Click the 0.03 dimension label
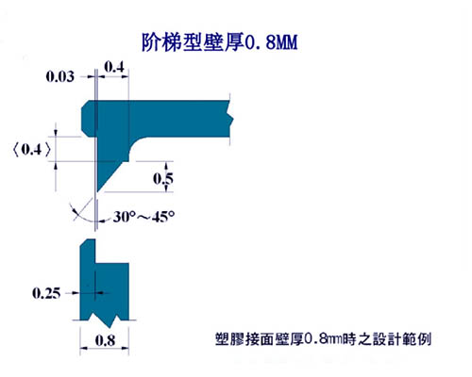pos(60,76)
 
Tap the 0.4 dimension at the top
pos(114,67)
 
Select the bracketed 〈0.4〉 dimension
pos(31,150)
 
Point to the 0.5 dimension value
pos(163,178)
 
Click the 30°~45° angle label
pos(143,217)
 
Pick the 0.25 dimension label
pos(46,293)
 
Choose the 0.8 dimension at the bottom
pos(105,340)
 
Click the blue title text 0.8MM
pos(271,42)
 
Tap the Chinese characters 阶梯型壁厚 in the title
pos(193,42)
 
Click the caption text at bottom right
pos(323,339)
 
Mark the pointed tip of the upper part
pos(97,191)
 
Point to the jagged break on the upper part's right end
pos(230,119)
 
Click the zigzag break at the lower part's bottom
pos(105,319)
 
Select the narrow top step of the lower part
pos(88,251)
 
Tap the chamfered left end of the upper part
pos(84,119)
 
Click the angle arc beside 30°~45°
pos(81,216)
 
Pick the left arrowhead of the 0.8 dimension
pos(83,348)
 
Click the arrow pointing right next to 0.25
pos(76,293)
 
